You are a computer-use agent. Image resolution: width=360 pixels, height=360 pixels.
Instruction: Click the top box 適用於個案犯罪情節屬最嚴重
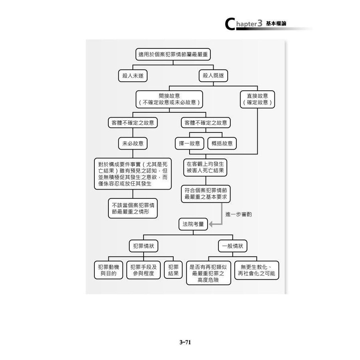pos(173,54)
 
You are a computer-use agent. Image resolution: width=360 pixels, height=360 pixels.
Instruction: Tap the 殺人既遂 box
pos(213,76)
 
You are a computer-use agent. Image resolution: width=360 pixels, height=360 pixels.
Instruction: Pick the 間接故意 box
pos(169,99)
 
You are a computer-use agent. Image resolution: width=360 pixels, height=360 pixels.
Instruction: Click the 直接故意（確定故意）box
pos(257,99)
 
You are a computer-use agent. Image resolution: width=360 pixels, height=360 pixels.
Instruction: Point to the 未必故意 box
pos(133,143)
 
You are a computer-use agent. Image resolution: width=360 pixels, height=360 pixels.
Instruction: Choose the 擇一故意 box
pos(190,143)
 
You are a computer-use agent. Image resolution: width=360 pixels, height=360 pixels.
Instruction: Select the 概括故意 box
pos(222,143)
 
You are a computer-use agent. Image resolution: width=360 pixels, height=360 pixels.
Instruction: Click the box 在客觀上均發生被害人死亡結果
pos(206,167)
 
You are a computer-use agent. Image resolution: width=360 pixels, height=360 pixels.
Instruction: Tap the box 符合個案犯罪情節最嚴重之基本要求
pos(206,194)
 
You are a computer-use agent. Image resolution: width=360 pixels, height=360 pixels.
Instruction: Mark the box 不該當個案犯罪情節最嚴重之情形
pos(133,208)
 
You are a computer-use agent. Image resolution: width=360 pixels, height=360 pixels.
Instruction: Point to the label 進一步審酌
pos(238,214)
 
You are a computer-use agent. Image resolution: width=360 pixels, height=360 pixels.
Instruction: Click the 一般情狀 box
pos(232,246)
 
